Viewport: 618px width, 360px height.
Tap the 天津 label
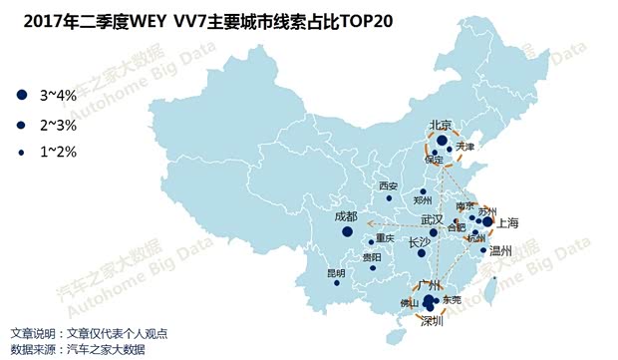[x=464, y=148]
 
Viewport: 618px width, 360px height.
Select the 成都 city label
[x=346, y=216]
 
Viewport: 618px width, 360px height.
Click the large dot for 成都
[x=347, y=232]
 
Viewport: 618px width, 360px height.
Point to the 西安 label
[x=388, y=186]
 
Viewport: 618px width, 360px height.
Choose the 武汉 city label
[x=432, y=218]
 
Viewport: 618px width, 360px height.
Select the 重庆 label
[x=386, y=238]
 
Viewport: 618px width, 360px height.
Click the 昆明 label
[x=336, y=272]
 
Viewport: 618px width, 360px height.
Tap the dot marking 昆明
[x=336, y=283]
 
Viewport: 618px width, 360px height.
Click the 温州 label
[x=500, y=251]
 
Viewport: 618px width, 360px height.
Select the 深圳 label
[x=432, y=321]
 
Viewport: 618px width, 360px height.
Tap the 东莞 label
[x=452, y=300]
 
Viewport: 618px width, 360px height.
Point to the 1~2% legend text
[x=58, y=152]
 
